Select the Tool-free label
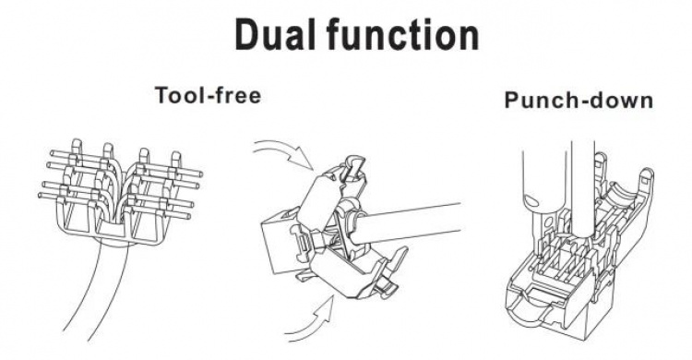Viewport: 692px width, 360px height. (207, 95)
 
